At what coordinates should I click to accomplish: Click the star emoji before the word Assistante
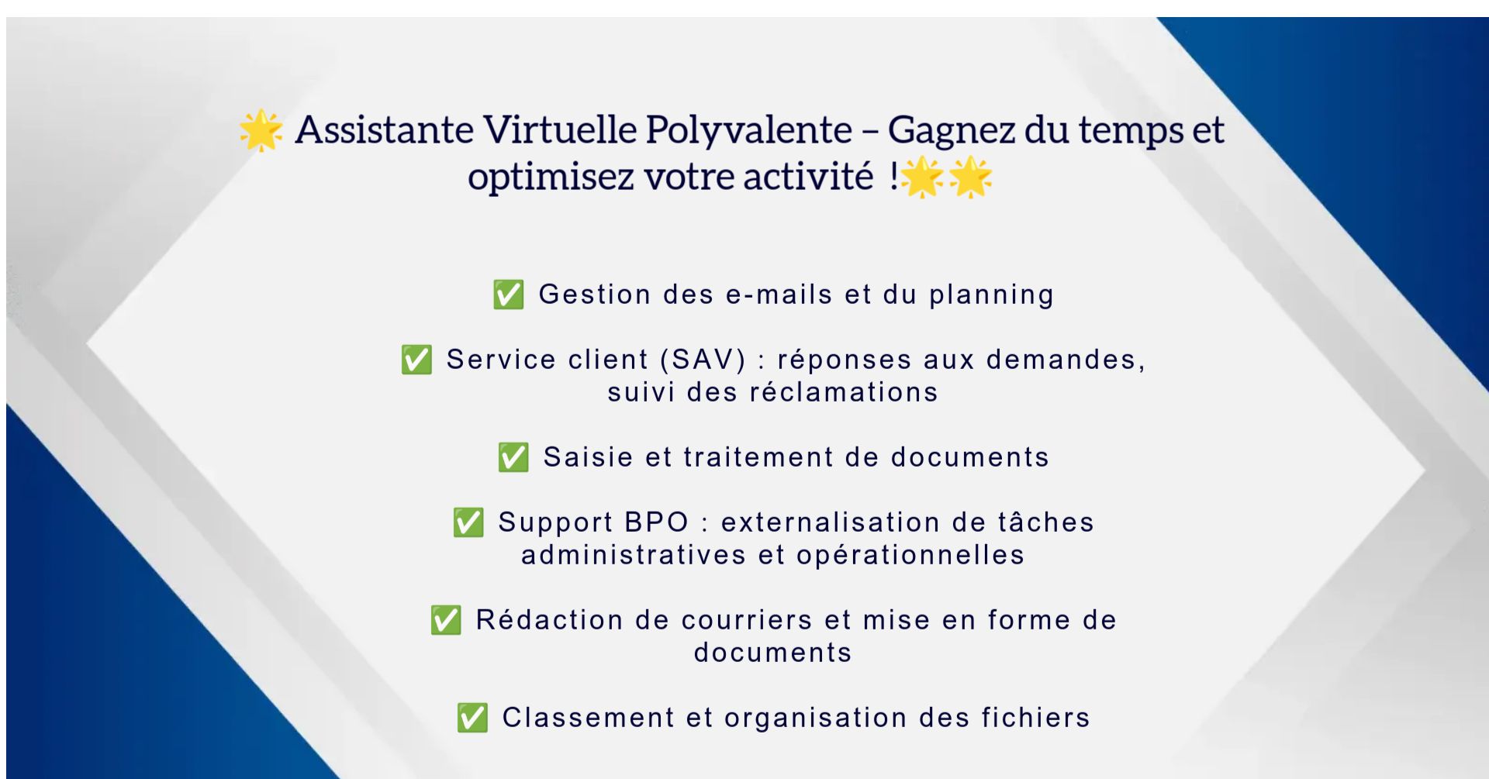[x=261, y=130]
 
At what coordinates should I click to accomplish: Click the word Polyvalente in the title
[x=749, y=131]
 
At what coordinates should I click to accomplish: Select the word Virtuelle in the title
[x=560, y=129]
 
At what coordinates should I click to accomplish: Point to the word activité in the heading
[x=808, y=177]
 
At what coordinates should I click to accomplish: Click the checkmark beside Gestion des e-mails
[x=509, y=295]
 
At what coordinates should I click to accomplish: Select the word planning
[x=992, y=295]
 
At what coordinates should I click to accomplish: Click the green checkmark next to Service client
[x=416, y=360]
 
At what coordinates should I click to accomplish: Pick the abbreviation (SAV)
[x=703, y=360]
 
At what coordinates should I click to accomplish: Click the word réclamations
[x=844, y=392]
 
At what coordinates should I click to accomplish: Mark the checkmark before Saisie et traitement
[x=513, y=457]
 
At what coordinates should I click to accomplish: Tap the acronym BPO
[x=657, y=522]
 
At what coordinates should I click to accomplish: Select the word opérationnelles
[x=910, y=556]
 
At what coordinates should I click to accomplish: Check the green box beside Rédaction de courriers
[x=446, y=620]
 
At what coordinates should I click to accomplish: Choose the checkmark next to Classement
[x=472, y=718]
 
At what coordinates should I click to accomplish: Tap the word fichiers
[x=1035, y=718]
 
